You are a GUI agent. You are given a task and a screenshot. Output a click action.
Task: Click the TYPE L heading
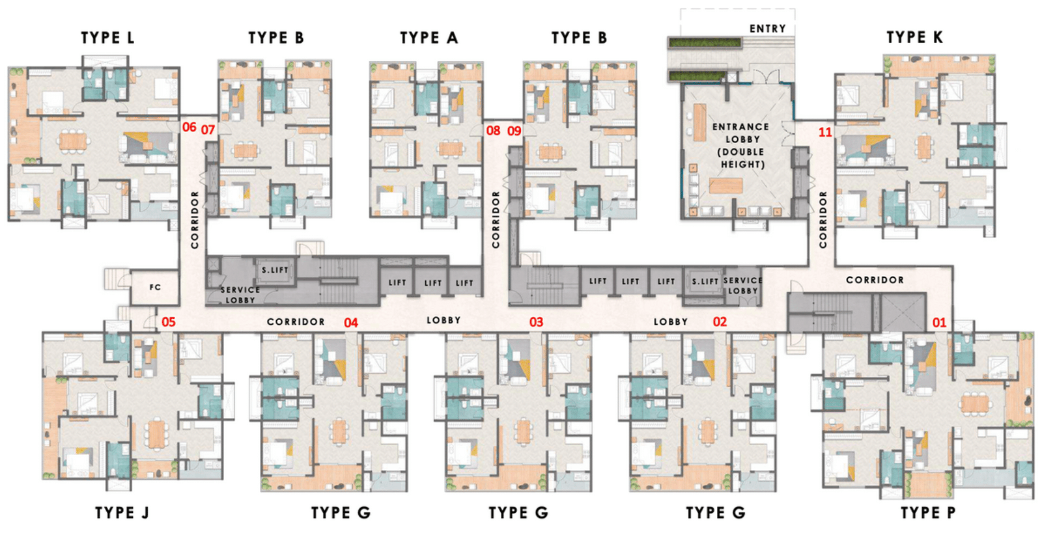point(107,38)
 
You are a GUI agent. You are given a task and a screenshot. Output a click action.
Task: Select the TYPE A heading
point(429,38)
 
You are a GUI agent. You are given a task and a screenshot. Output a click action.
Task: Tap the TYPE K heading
point(914,37)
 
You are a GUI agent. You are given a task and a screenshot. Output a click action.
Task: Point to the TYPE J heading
point(122,513)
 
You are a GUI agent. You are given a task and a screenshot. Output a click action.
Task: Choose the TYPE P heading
point(928,513)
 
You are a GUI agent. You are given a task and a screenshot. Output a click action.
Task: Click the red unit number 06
point(190,127)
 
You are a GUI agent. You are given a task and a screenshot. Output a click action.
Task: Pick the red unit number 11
point(825,132)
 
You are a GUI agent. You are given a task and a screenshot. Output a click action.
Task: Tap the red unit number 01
point(939,322)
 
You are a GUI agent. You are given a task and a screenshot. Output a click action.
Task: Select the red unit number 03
point(536,322)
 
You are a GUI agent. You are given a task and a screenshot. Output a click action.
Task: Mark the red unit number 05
point(169,321)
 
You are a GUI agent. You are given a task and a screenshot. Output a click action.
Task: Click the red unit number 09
point(514,131)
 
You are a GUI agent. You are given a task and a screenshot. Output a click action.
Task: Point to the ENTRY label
point(768,29)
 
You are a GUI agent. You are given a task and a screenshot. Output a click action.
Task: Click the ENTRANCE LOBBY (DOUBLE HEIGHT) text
point(741,146)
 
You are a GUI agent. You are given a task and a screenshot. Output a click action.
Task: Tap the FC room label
point(155,287)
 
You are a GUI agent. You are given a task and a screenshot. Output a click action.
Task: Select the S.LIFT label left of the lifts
point(275,269)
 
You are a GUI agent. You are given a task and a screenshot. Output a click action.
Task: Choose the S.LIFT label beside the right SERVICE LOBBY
point(705,281)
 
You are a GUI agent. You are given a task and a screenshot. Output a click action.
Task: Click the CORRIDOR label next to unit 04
point(296,321)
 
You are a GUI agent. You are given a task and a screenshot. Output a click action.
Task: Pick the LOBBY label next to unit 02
point(670,321)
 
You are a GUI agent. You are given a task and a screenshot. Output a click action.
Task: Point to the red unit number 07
point(208,130)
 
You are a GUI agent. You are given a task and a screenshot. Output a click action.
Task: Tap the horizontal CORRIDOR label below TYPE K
point(875,280)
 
